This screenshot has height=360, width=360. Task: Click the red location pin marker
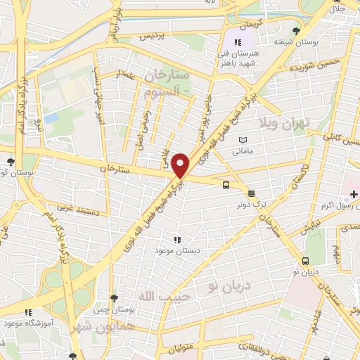181,165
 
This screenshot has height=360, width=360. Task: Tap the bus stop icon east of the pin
225,186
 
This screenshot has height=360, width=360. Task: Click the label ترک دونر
250,205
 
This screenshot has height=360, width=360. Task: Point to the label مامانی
242,150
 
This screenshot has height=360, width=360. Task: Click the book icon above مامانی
243,141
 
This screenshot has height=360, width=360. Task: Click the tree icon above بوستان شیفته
296,32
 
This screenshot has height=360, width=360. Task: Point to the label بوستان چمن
114,310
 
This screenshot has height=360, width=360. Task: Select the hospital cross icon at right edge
354,193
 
